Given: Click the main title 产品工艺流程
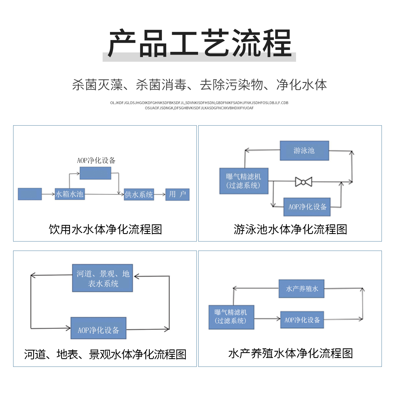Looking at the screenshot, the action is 199,43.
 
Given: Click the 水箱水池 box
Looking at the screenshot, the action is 70,194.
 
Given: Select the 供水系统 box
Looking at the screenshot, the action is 139,194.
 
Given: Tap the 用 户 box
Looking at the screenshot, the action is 177,194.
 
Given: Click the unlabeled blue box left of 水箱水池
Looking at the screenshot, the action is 30,194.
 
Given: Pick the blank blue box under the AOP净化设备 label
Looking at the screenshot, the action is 95,173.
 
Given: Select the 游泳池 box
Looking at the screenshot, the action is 304,151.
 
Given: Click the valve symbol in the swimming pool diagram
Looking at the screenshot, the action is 304,182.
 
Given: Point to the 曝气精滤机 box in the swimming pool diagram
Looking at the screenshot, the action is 244,181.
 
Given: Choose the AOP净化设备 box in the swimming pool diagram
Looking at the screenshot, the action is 307,207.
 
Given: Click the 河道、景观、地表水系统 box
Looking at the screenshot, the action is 103,278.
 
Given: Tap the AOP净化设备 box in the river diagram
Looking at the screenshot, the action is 98,328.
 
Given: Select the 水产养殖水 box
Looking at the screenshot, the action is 301,289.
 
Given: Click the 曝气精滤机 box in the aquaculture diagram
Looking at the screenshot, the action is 232,317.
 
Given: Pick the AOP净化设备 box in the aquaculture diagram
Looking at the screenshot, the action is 302,320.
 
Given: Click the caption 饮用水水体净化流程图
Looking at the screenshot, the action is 105,229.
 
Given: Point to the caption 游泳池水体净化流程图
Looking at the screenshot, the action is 290,229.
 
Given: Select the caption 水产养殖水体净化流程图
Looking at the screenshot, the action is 290,353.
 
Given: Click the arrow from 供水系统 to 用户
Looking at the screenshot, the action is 159,194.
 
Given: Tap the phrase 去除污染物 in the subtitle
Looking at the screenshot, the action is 231,85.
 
